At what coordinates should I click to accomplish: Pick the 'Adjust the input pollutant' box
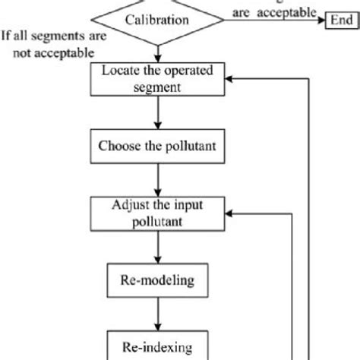[x=159, y=213]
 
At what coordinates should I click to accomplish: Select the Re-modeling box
[x=159, y=280]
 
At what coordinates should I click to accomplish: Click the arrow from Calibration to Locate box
[x=159, y=52]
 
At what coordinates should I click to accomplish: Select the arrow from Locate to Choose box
[x=159, y=113]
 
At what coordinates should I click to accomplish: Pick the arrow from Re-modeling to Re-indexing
[x=159, y=311]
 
